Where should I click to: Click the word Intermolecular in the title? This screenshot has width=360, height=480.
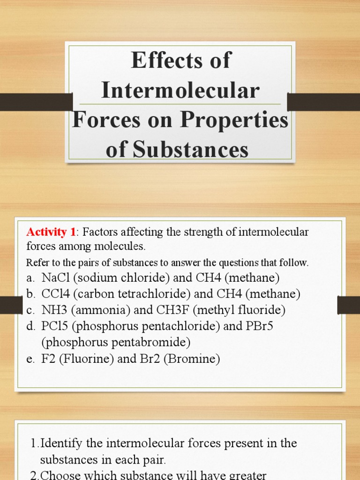pos(180,90)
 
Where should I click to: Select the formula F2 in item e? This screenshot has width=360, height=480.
pos(47,359)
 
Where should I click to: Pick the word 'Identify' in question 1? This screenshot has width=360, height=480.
pos(61,443)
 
